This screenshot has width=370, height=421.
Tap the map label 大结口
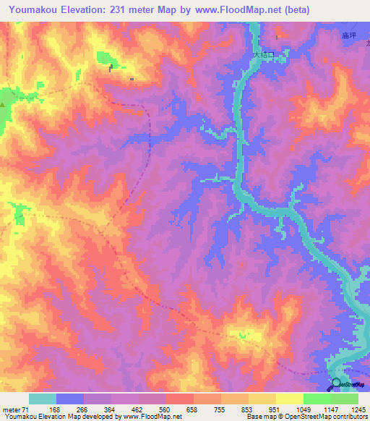[x=264, y=54]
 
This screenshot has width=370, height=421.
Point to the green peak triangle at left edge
[x=2, y=105]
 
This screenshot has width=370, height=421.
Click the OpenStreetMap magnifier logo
[x=336, y=385]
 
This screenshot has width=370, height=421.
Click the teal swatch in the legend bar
[x=43, y=399]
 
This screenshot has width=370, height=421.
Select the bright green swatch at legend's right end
[x=345, y=399]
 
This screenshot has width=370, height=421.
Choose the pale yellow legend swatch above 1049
[x=289, y=399]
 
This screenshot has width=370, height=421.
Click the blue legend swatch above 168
[x=70, y=399]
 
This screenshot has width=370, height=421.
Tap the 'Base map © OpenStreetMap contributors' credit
[x=307, y=417]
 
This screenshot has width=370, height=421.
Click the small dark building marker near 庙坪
[x=277, y=38]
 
